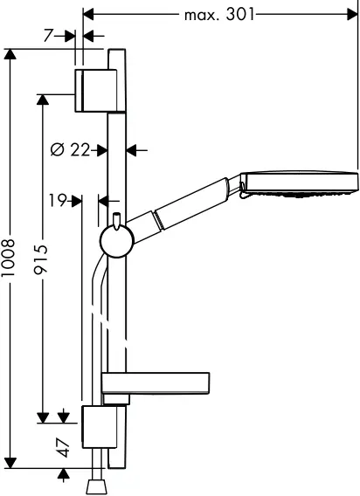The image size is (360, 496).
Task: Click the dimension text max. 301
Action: (x=220, y=14)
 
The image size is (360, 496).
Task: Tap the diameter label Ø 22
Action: (x=71, y=150)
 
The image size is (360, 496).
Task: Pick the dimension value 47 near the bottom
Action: (x=62, y=448)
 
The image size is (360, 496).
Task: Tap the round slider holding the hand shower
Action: (x=113, y=240)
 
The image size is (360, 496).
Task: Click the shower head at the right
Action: (x=300, y=182)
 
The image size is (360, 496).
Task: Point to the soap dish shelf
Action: (x=156, y=383)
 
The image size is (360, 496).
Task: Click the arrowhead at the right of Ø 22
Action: (x=132, y=150)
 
